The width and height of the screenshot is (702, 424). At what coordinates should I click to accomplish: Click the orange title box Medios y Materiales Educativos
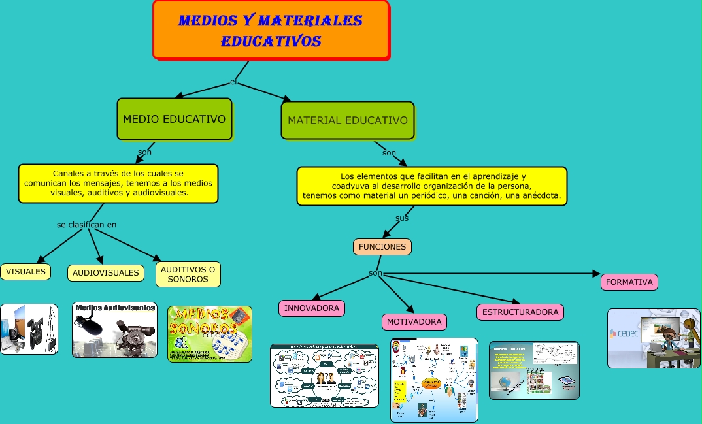[271, 31]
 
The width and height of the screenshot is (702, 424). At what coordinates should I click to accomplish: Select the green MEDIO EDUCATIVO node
[175, 119]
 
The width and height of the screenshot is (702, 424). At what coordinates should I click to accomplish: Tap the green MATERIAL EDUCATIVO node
[348, 120]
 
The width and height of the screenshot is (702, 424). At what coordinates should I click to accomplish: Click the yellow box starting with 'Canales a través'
[118, 184]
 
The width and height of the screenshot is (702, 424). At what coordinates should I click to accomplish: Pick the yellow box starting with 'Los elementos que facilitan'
[431, 186]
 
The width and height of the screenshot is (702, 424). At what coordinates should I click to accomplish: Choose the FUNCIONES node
[382, 246]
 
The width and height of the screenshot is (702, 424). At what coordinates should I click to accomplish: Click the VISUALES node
[25, 271]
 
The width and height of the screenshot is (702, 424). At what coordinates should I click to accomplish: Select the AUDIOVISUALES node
[106, 272]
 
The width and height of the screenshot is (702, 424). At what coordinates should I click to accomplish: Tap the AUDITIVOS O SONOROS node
[188, 274]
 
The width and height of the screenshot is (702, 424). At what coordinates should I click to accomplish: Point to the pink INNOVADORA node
[312, 308]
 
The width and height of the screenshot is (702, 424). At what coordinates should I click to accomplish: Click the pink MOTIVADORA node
[414, 321]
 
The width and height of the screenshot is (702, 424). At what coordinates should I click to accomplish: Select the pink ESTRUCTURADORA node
[520, 312]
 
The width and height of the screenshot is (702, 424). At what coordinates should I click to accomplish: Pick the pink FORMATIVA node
[629, 282]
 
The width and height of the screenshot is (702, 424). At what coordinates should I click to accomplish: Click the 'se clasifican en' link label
[87, 225]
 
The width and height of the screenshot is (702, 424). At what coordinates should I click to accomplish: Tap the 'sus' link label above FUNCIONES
[402, 218]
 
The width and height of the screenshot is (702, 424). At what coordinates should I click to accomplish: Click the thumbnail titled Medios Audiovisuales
[115, 330]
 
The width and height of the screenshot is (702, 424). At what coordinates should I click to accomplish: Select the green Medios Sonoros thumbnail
[210, 334]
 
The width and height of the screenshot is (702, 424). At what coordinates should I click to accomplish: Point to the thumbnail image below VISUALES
[29, 329]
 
